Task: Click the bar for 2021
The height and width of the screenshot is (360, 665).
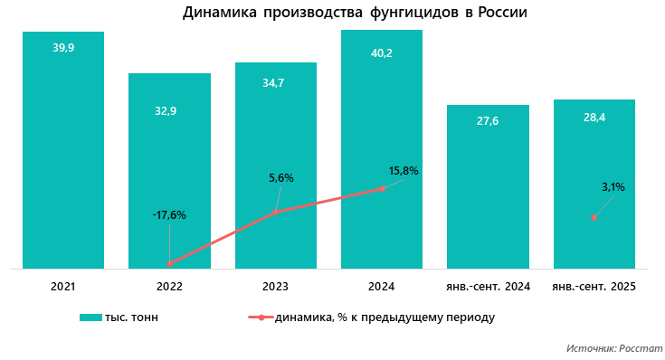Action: (63, 154)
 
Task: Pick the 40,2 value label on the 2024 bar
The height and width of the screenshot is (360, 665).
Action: (382, 53)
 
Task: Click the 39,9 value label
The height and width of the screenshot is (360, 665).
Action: (63, 48)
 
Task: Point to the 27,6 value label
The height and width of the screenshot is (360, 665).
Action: (488, 120)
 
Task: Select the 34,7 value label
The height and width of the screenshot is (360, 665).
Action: (275, 82)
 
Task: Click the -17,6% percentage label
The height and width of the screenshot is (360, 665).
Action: (169, 215)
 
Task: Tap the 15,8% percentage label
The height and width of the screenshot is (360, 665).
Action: (404, 170)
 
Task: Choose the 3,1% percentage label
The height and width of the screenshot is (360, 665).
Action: (613, 187)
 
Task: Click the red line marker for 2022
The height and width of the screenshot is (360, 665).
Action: (169, 263)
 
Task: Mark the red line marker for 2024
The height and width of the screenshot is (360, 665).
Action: (382, 188)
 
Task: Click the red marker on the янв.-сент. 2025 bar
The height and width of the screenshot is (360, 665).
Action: (594, 217)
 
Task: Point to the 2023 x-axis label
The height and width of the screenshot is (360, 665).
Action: (275, 287)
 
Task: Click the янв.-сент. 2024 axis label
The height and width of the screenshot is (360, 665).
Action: (488, 287)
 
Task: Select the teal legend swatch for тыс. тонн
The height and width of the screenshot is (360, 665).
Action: (90, 317)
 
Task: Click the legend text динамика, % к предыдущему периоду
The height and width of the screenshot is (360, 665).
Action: (384, 317)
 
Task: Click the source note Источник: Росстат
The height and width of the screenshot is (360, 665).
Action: (614, 347)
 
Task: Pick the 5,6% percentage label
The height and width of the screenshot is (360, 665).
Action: (281, 178)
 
